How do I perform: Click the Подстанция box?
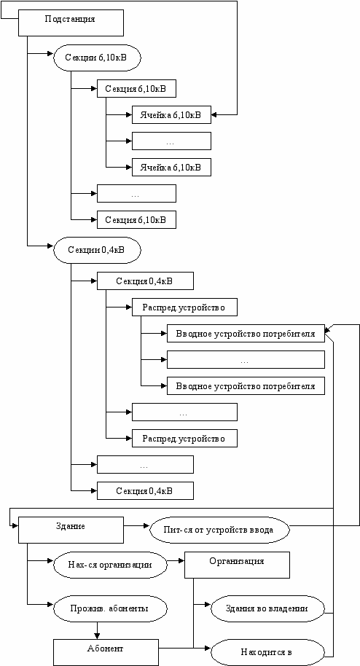coord(71,23)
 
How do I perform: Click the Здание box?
coord(71,530)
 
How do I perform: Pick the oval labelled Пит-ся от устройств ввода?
coord(219,530)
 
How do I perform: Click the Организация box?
coord(237,565)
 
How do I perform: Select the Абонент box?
coord(106,652)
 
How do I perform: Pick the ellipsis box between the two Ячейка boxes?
coord(171,141)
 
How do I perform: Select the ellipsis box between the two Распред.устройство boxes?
coord(184,412)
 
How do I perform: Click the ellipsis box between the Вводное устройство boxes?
coord(246,359)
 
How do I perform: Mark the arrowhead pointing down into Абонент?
coord(97,636)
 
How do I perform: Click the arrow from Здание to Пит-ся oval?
coord(137,526)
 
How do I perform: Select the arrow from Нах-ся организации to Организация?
coord(176,561)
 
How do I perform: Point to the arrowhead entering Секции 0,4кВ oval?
coord(50,246)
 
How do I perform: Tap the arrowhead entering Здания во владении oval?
coord(208,604)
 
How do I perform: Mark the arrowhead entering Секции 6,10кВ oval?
coord(50,54)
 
